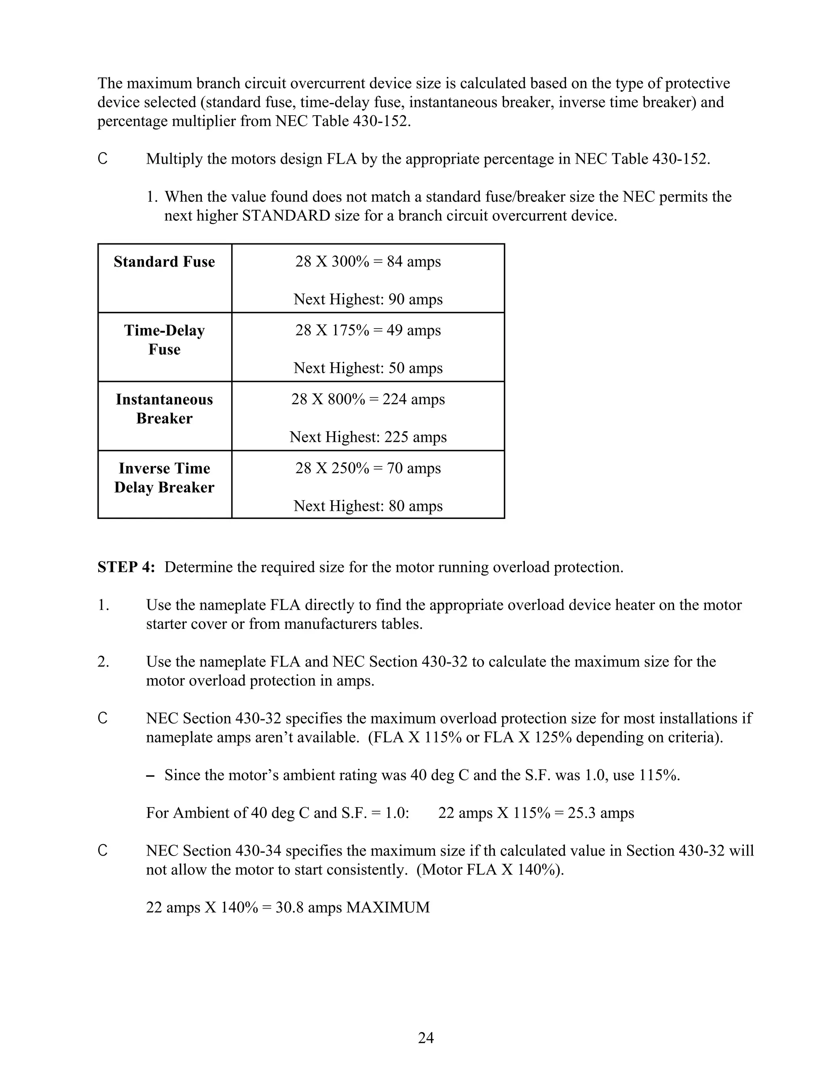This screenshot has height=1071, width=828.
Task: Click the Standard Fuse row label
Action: click(164, 262)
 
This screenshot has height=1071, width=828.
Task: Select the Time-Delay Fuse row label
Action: click(164, 340)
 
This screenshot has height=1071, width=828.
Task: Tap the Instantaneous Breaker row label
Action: click(164, 409)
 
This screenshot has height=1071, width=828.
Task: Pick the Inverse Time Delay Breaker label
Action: click(164, 478)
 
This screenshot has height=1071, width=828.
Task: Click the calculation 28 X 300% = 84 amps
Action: click(368, 261)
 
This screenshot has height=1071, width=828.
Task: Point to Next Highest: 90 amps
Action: click(368, 299)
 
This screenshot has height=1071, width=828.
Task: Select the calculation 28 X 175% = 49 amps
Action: click(368, 330)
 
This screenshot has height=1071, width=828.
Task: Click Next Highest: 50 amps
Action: click(368, 368)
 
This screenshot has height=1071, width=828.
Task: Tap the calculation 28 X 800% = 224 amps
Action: click(368, 399)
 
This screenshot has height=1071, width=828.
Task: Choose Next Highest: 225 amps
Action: click(368, 437)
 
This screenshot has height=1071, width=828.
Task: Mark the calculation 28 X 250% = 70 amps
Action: click(368, 468)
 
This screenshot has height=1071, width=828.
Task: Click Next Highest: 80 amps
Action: click(368, 506)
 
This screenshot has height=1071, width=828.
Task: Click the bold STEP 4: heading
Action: click(126, 567)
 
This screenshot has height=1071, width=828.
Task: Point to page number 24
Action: click(426, 1037)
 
